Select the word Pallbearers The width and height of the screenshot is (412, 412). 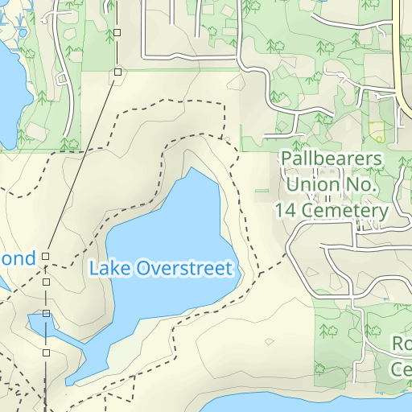pos(331,159)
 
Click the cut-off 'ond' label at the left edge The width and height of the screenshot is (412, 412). pos(18,258)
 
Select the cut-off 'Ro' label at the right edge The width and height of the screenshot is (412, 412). pos(402,344)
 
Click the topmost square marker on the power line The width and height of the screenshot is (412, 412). pos(117,32)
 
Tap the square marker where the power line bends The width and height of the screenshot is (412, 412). pos(117,72)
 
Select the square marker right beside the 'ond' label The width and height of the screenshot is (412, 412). pos(46,256)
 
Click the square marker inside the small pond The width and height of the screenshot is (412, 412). pos(47,314)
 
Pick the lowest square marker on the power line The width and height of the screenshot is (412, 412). pos(47,352)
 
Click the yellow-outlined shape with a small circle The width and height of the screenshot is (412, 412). pos(377,130)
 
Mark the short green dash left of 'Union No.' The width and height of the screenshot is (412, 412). pos(262,191)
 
